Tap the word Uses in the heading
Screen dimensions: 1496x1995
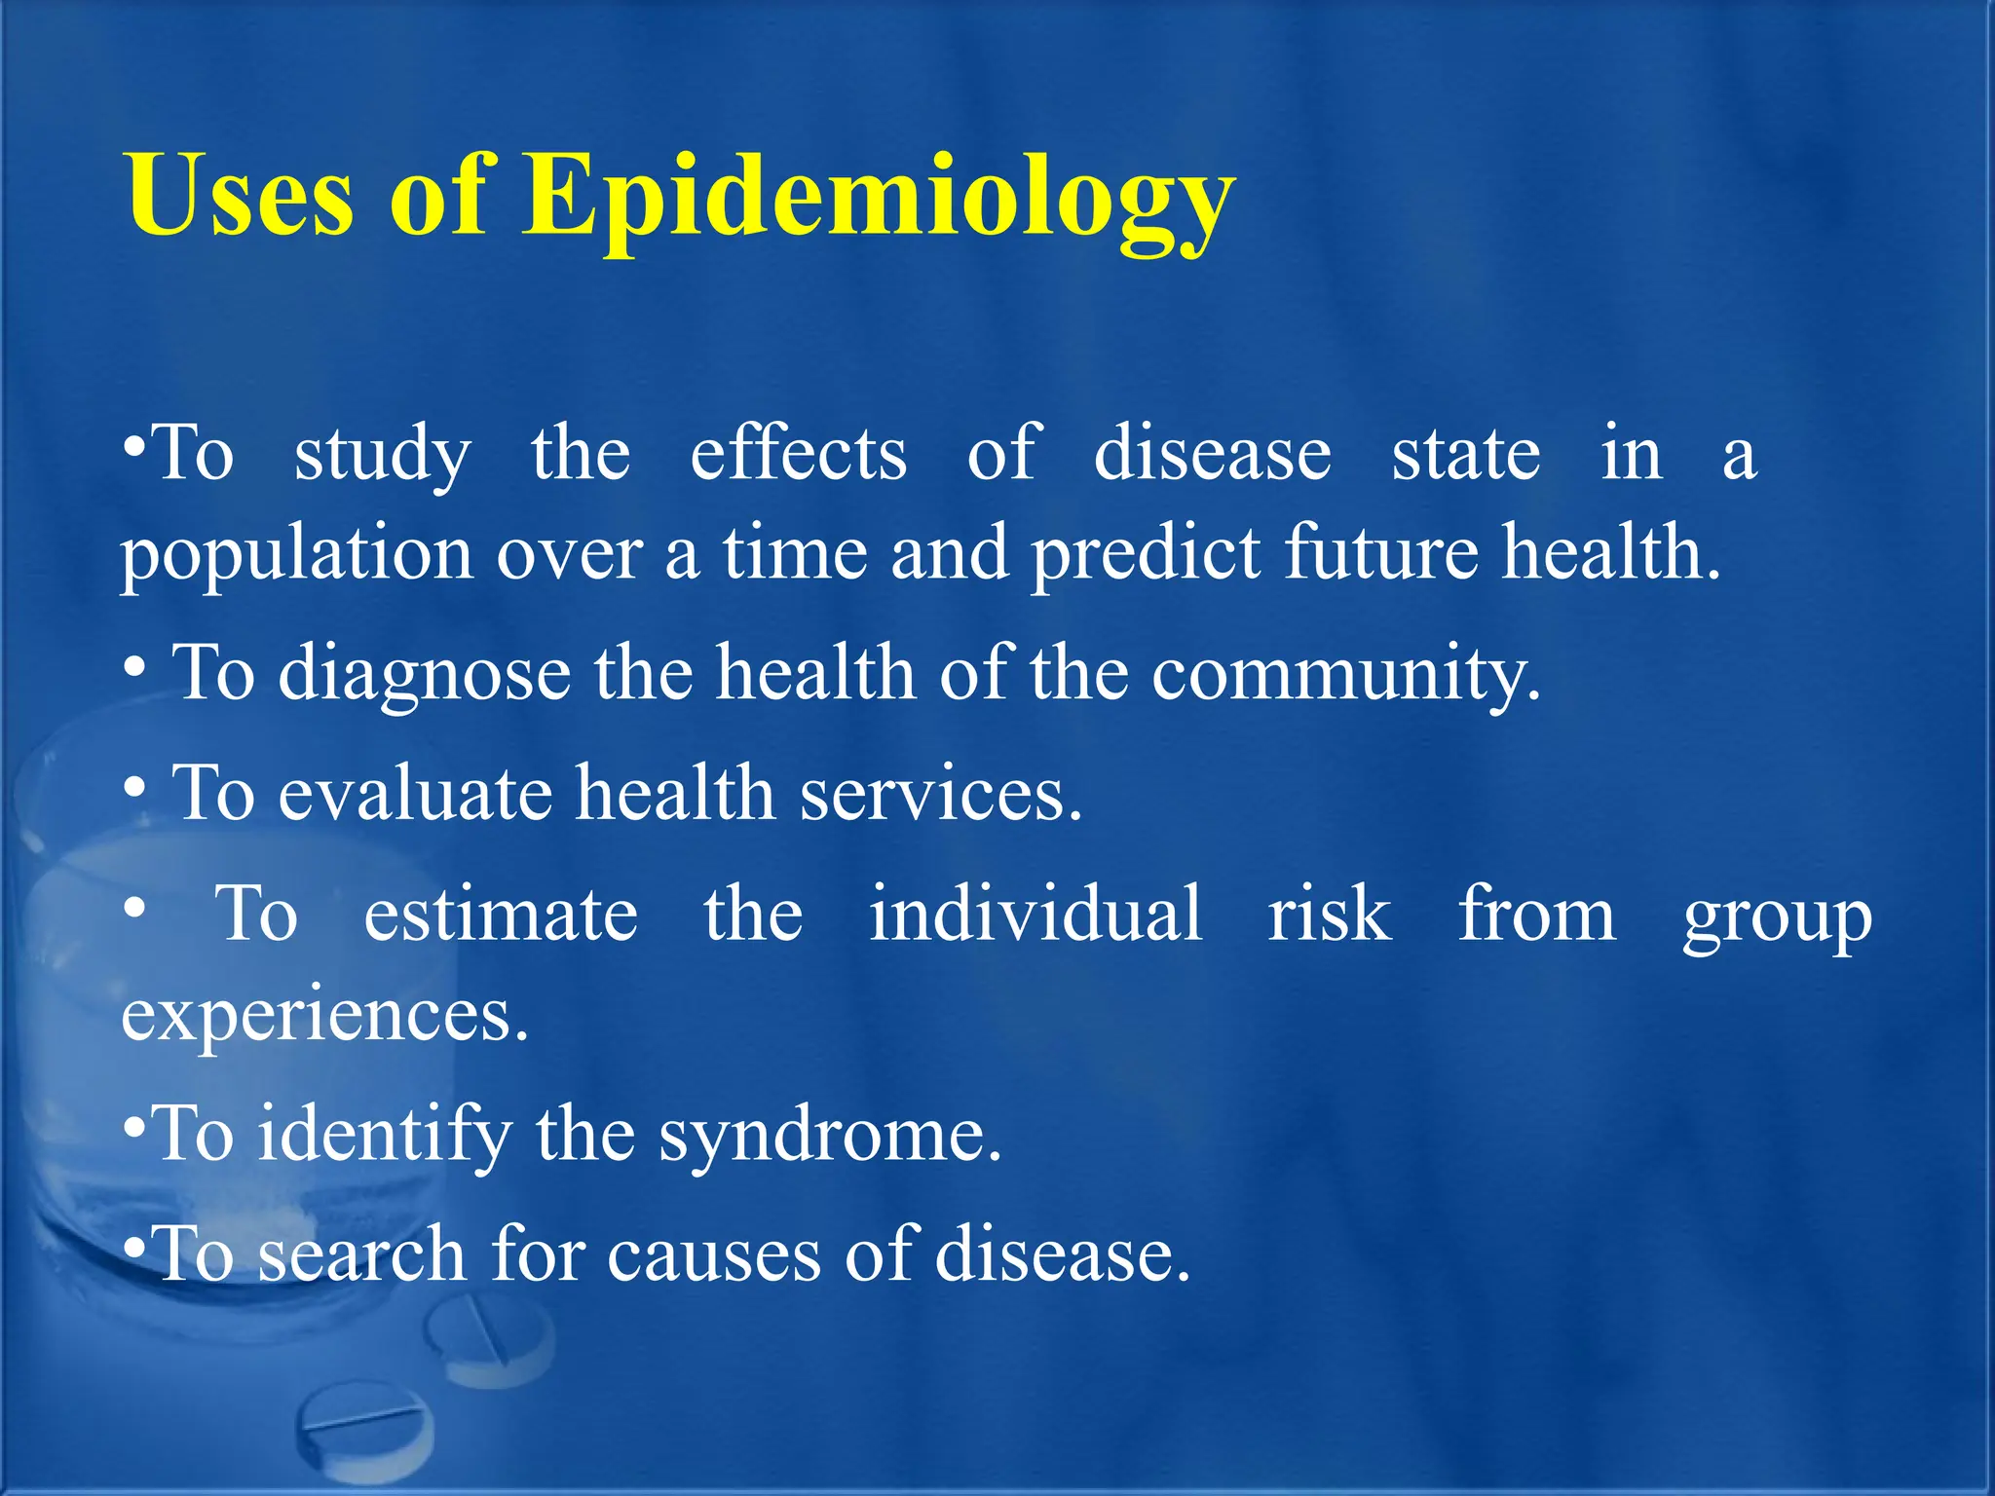[x=240, y=198]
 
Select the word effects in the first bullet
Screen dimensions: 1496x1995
[x=798, y=454]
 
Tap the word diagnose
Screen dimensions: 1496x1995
[x=425, y=674]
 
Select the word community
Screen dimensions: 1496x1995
[x=1345, y=674]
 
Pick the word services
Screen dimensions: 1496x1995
[x=940, y=794]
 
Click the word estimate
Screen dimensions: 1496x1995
[x=501, y=915]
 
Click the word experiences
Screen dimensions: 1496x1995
[x=324, y=1016]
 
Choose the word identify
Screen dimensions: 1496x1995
[x=385, y=1136]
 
